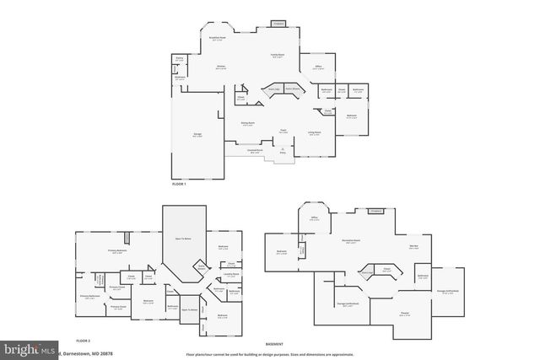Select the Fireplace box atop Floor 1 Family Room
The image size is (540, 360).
278,24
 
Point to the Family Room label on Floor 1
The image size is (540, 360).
276,55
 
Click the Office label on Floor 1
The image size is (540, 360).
318,67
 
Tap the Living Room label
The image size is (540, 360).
314,132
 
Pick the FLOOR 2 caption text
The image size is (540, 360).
83,340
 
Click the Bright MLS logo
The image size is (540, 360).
30,348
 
